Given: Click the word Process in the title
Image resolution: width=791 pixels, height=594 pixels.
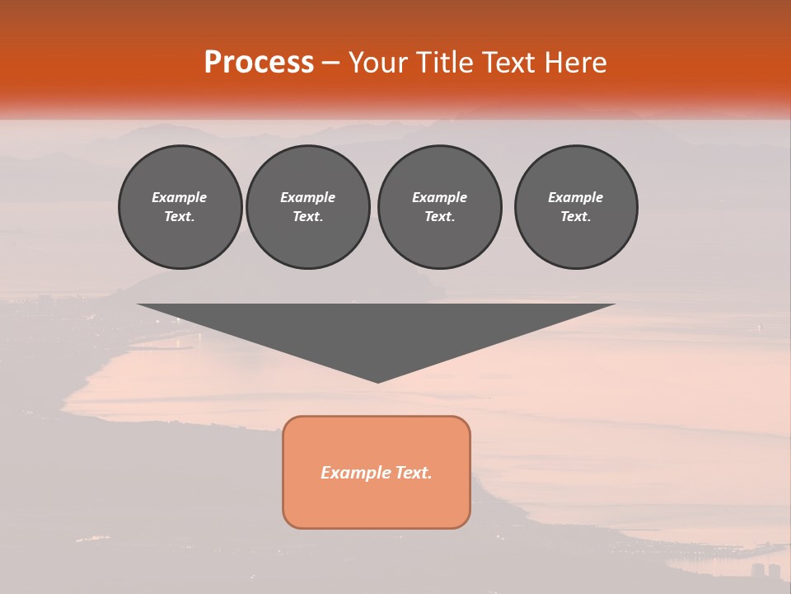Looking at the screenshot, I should pyautogui.click(x=259, y=63).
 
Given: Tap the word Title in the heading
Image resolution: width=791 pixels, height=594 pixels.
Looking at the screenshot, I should pyautogui.click(x=444, y=63).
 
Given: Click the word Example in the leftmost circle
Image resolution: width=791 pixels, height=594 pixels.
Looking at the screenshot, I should pyautogui.click(x=180, y=197).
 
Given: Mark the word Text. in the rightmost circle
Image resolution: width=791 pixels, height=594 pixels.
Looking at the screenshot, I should pyautogui.click(x=576, y=216).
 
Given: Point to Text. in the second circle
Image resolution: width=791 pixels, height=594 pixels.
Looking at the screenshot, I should pyautogui.click(x=307, y=216).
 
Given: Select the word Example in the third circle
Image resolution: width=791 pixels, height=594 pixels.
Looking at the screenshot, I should pyautogui.click(x=439, y=197).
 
